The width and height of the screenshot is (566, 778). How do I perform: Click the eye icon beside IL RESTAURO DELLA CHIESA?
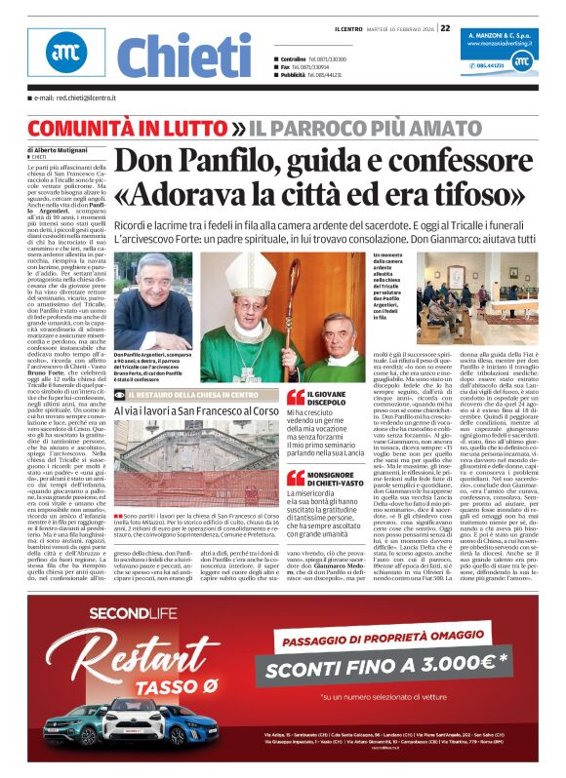click(x=119, y=395)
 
